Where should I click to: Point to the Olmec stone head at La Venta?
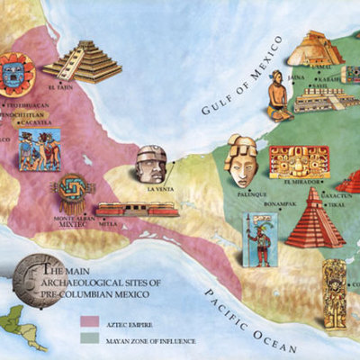[150, 164]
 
